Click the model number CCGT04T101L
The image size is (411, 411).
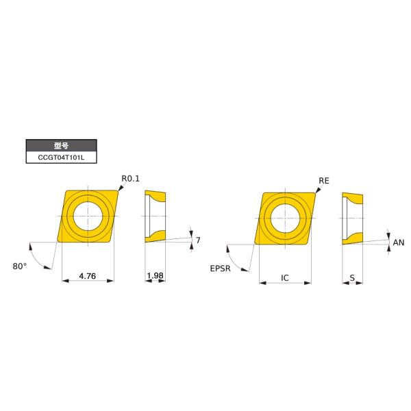tap(60, 158)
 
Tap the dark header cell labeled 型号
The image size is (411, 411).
tap(60, 145)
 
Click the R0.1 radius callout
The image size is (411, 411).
tap(130, 179)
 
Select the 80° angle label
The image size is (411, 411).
tap(19, 266)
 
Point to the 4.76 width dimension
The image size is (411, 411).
tap(87, 276)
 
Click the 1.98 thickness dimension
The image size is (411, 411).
tap(155, 276)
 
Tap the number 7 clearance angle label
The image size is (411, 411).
tap(197, 240)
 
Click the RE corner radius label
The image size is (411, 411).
tap(324, 181)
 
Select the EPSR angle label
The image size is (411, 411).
tap(221, 269)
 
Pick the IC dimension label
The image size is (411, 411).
tap(285, 278)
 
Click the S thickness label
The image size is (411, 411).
tap(352, 278)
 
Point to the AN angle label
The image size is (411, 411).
tap(398, 242)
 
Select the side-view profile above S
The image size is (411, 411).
tap(352, 219)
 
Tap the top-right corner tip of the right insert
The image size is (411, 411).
tap(316, 192)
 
